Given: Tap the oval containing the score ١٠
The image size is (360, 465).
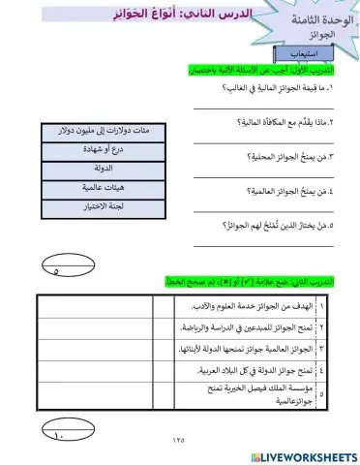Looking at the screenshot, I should coord(60,435).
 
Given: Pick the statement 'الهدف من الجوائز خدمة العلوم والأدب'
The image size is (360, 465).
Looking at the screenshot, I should coord(257,306).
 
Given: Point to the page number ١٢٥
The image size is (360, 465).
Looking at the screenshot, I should coord(181,441).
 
